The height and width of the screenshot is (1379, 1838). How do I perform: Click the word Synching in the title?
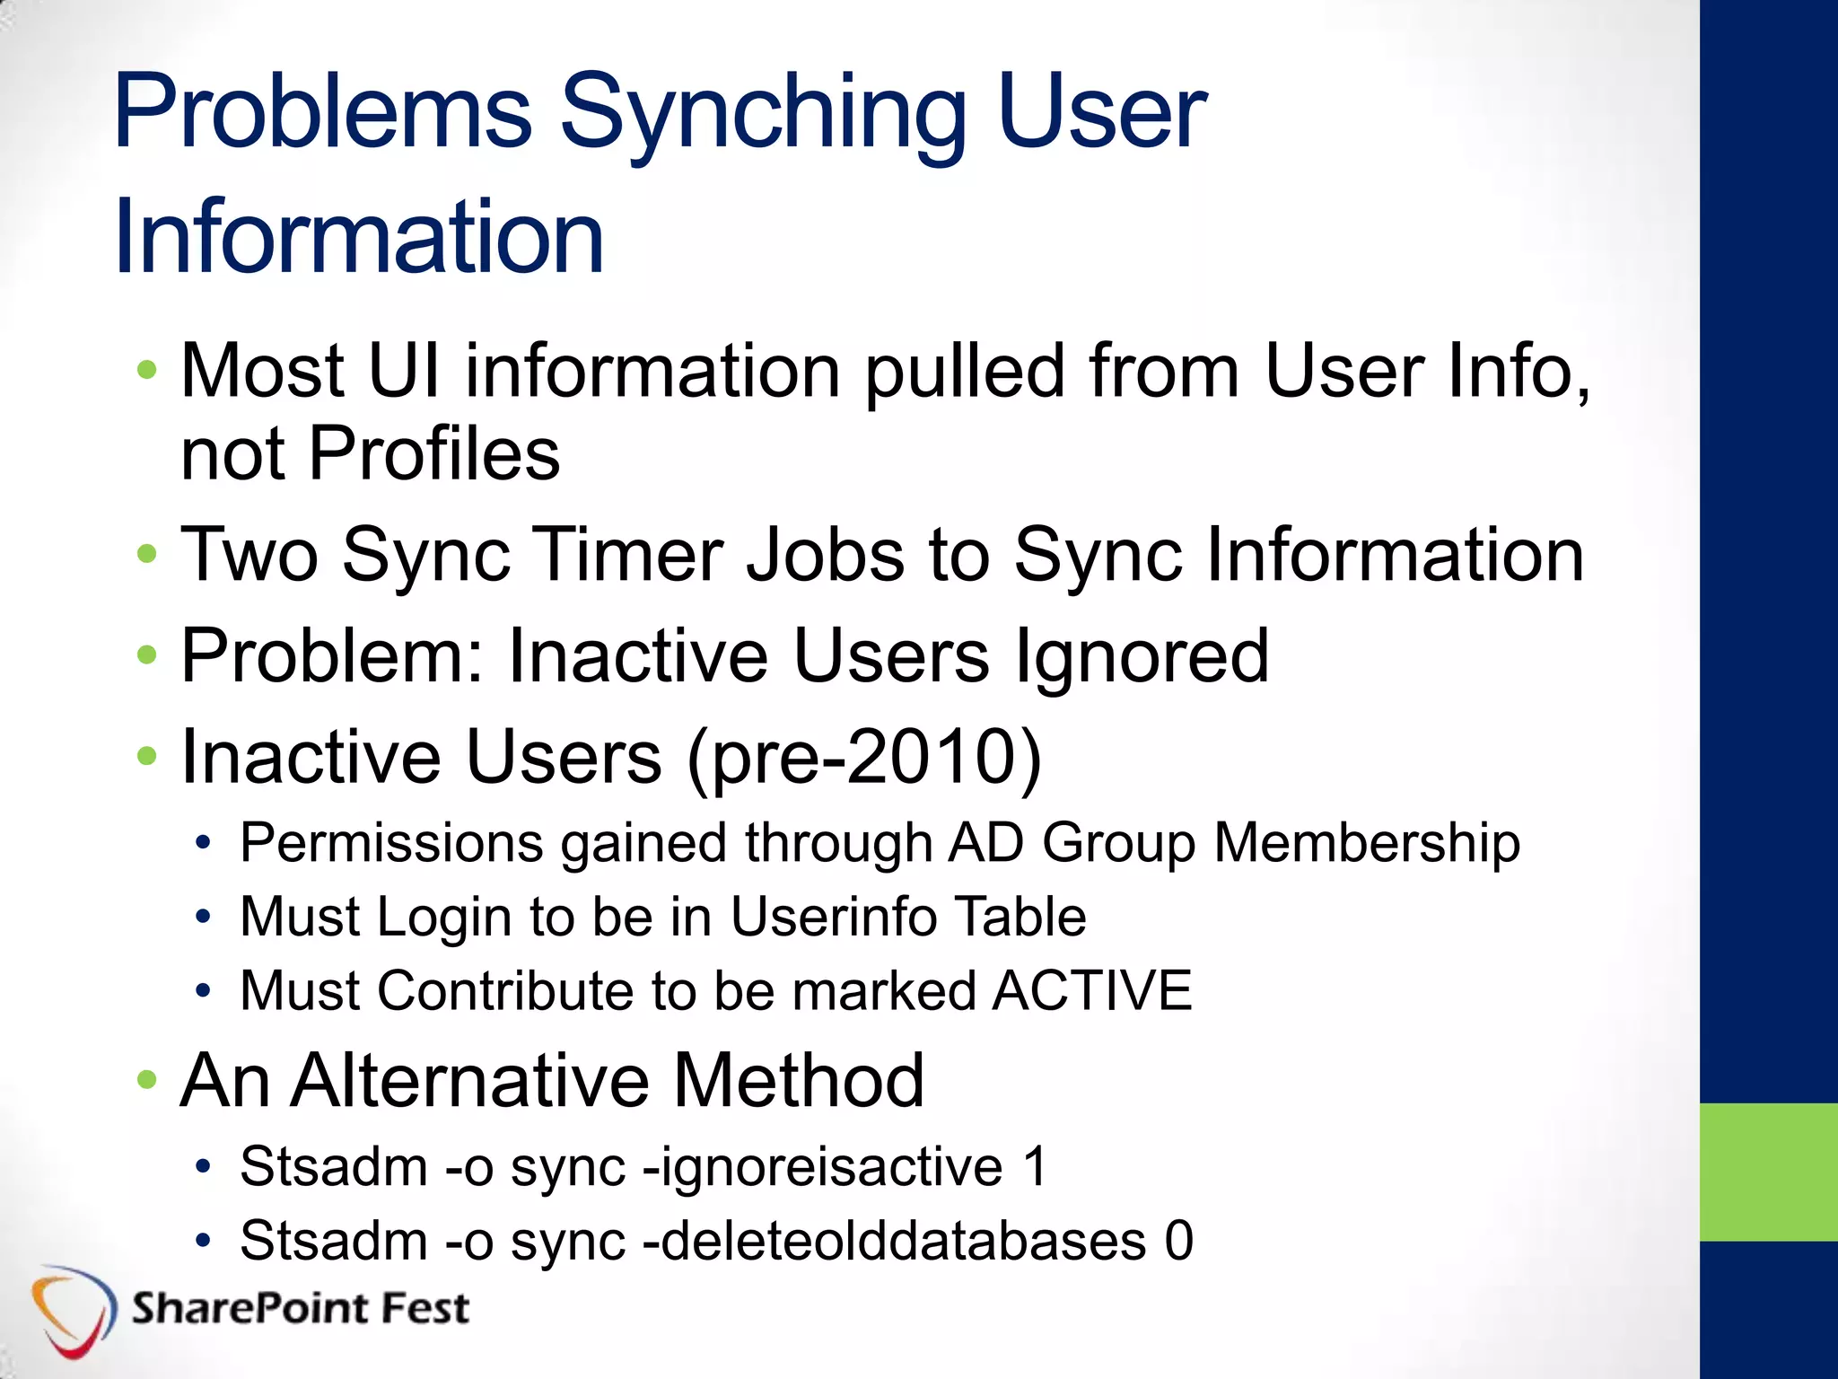tap(763, 115)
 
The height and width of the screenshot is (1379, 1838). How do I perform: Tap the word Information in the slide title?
tap(359, 237)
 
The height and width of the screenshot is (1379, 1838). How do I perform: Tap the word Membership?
tap(1367, 844)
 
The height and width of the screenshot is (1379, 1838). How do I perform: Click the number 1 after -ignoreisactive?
tap(1036, 1168)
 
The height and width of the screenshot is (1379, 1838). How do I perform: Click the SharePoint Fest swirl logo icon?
tap(72, 1309)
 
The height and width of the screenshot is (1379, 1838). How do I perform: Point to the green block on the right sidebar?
tap(1768, 1173)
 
